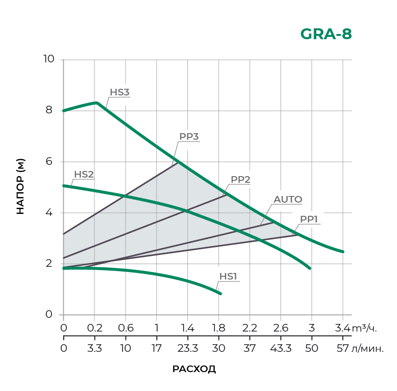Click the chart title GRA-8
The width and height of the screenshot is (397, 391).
(326, 34)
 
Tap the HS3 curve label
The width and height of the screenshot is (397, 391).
(119, 92)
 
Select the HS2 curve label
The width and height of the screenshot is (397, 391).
(84, 174)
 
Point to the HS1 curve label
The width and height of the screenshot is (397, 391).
(228, 276)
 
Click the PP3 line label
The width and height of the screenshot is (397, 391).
(189, 136)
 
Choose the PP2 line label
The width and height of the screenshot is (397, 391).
(240, 179)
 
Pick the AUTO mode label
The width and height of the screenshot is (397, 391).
(288, 199)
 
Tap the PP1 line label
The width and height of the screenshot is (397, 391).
(309, 219)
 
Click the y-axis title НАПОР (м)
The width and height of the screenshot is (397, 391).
(20, 187)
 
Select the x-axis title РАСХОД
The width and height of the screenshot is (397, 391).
(194, 369)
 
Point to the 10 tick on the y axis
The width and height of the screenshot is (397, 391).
(49, 59)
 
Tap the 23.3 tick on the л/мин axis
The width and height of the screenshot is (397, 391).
(187, 349)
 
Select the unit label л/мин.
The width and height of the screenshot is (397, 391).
(368, 349)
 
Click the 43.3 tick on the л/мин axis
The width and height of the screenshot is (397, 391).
(280, 349)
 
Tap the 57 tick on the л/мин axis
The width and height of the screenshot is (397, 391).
(343, 349)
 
